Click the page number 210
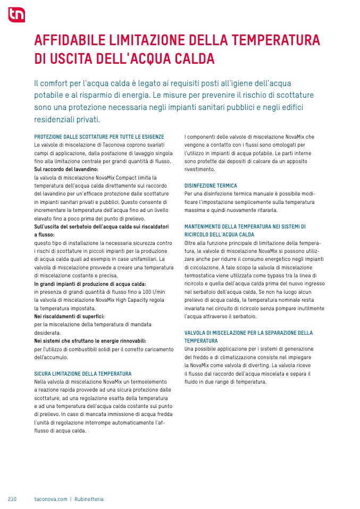coord(12,499)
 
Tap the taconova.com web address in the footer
coord(51,499)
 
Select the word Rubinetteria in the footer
coord(89,499)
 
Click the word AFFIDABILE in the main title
coord(70,40)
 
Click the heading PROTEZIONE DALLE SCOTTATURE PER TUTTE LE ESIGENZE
coord(99,137)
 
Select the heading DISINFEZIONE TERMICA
coord(211,186)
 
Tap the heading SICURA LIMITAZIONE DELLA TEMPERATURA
coord(82,374)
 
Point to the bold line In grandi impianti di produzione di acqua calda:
coord(89,284)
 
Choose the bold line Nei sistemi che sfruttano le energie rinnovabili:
coord(90,341)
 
